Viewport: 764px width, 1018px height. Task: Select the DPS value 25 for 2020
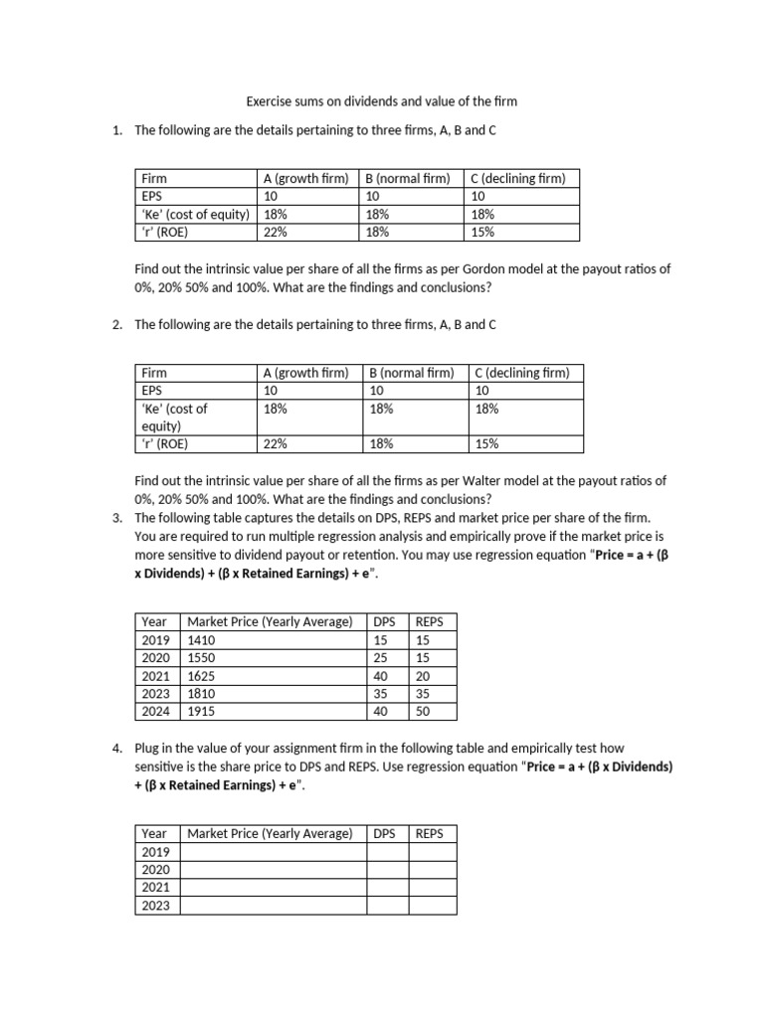pyautogui.click(x=381, y=657)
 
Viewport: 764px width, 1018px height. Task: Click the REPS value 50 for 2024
pyautogui.click(x=423, y=711)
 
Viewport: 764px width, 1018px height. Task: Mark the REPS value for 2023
pyautogui.click(x=423, y=693)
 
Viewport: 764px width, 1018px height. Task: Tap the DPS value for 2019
pyautogui.click(x=381, y=639)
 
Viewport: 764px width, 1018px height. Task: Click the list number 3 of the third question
pyautogui.click(x=117, y=519)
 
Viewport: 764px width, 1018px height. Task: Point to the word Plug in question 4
pyautogui.click(x=147, y=748)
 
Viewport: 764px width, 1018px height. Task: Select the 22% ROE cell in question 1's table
pyautogui.click(x=276, y=232)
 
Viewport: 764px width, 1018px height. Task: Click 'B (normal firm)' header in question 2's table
pyautogui.click(x=411, y=373)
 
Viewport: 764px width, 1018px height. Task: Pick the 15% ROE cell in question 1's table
pyautogui.click(x=482, y=232)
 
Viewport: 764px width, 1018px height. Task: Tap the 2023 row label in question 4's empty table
pyautogui.click(x=156, y=906)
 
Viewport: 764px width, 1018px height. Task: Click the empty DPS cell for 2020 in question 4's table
pyautogui.click(x=388, y=870)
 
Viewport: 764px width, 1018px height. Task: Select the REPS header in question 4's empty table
pyautogui.click(x=429, y=833)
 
